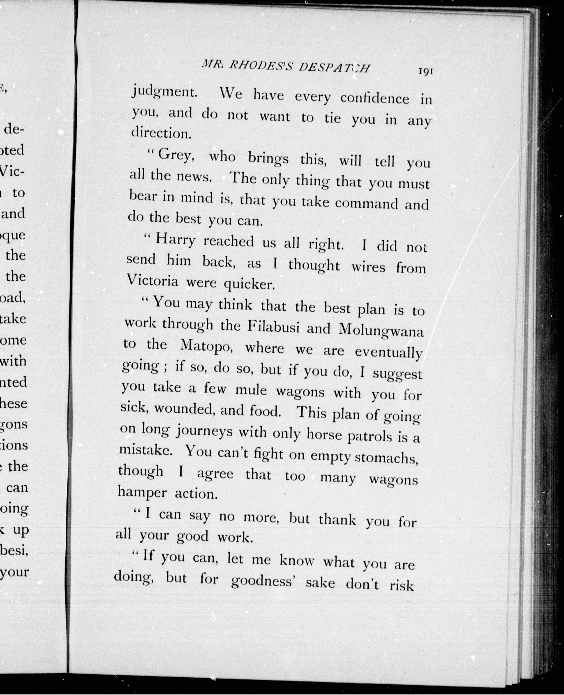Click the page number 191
point(426,72)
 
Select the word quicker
point(250,285)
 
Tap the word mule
point(251,389)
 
